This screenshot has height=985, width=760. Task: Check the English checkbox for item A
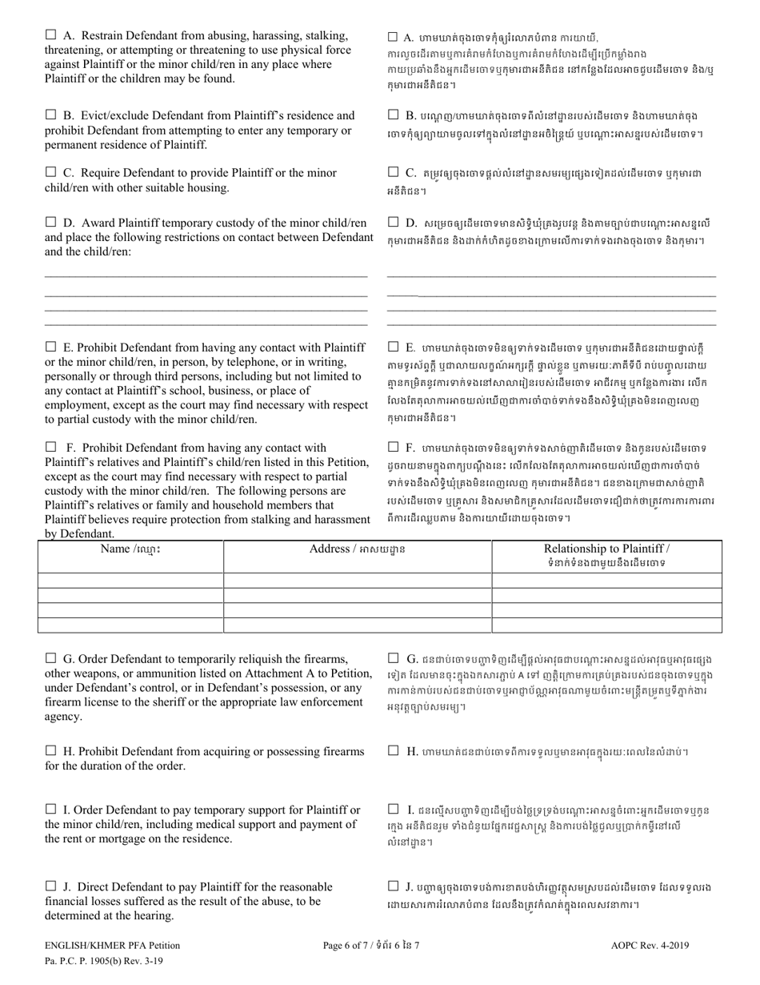coord(50,35)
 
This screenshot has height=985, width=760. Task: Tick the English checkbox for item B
coord(50,115)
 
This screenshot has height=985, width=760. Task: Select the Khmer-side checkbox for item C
coord(393,172)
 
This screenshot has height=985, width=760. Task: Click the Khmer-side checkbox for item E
coord(393,347)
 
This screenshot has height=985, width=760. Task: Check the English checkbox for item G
coord(50,658)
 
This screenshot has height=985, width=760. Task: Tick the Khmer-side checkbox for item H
coord(393,750)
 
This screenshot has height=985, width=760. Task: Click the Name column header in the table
coord(130,549)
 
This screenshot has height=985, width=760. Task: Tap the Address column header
coord(357,549)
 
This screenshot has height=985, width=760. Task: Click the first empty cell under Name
coord(130,581)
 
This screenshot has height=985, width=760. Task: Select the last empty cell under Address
coord(357,625)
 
